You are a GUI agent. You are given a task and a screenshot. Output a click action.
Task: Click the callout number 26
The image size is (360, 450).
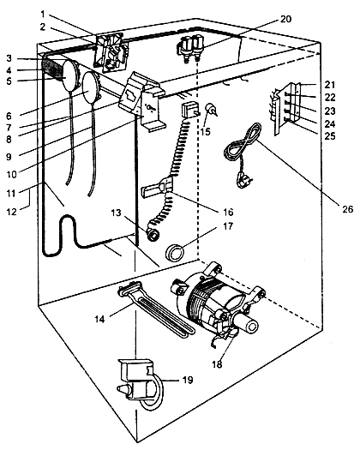(x=348, y=209)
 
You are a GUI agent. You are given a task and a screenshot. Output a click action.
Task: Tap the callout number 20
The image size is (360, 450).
(x=285, y=19)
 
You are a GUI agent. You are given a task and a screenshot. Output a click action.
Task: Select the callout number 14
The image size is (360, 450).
(x=100, y=319)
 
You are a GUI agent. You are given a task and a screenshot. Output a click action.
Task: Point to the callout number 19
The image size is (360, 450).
(x=188, y=380)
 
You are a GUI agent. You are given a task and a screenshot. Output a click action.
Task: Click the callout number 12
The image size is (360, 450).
(x=12, y=212)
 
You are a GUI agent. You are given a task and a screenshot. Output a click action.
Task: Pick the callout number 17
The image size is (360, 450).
(x=228, y=226)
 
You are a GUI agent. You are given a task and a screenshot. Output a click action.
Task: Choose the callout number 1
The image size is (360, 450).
(x=43, y=14)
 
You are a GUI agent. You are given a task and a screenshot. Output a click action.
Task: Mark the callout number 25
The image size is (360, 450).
(x=330, y=135)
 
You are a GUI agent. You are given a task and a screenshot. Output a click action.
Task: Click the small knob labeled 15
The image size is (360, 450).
(x=211, y=111)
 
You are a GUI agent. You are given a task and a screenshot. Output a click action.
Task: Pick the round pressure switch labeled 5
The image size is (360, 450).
(x=69, y=74)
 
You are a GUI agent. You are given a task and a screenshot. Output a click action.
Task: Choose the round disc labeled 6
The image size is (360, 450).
(x=91, y=87)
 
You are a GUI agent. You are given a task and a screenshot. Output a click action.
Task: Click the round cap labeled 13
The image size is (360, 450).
(x=153, y=236)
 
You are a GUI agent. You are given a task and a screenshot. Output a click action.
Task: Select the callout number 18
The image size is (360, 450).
(x=218, y=364)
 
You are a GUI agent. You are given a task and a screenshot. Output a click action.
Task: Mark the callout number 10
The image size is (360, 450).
(x=12, y=174)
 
